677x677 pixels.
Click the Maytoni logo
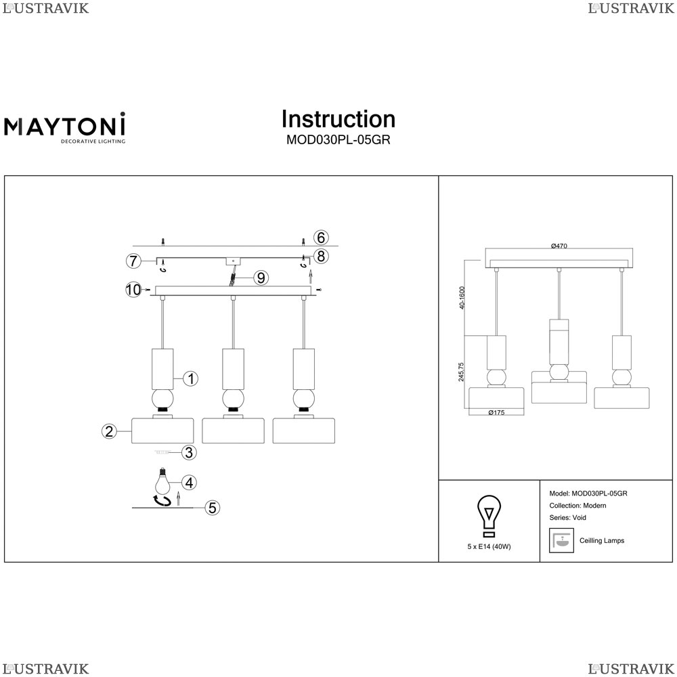pyautogui.click(x=65, y=128)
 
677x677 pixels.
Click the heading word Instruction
pyautogui.click(x=338, y=119)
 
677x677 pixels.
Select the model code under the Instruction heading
pyautogui.click(x=338, y=141)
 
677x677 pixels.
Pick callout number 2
pyautogui.click(x=108, y=431)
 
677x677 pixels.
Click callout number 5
pyautogui.click(x=213, y=507)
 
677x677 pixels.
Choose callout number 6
pyautogui.click(x=322, y=238)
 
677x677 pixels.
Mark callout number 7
pyautogui.click(x=133, y=261)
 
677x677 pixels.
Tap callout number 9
pyautogui.click(x=261, y=277)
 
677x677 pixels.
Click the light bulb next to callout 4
pyautogui.click(x=162, y=481)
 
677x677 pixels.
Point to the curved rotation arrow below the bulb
pyautogui.click(x=162, y=501)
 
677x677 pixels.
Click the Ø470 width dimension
pyautogui.click(x=559, y=246)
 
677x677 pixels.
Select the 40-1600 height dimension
pyautogui.click(x=462, y=298)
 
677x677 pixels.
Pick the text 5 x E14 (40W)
pyautogui.click(x=489, y=546)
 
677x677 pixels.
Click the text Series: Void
pyautogui.click(x=568, y=518)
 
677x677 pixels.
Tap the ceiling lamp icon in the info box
pyautogui.click(x=561, y=540)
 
